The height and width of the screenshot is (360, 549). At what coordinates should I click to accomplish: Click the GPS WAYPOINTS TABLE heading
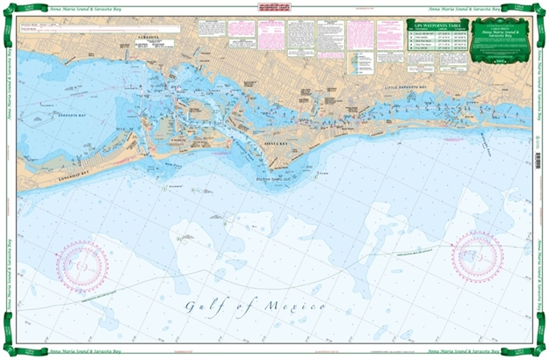(x=433, y=29)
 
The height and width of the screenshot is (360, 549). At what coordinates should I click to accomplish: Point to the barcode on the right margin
(x=537, y=159)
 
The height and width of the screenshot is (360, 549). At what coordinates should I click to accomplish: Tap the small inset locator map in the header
(x=361, y=61)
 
